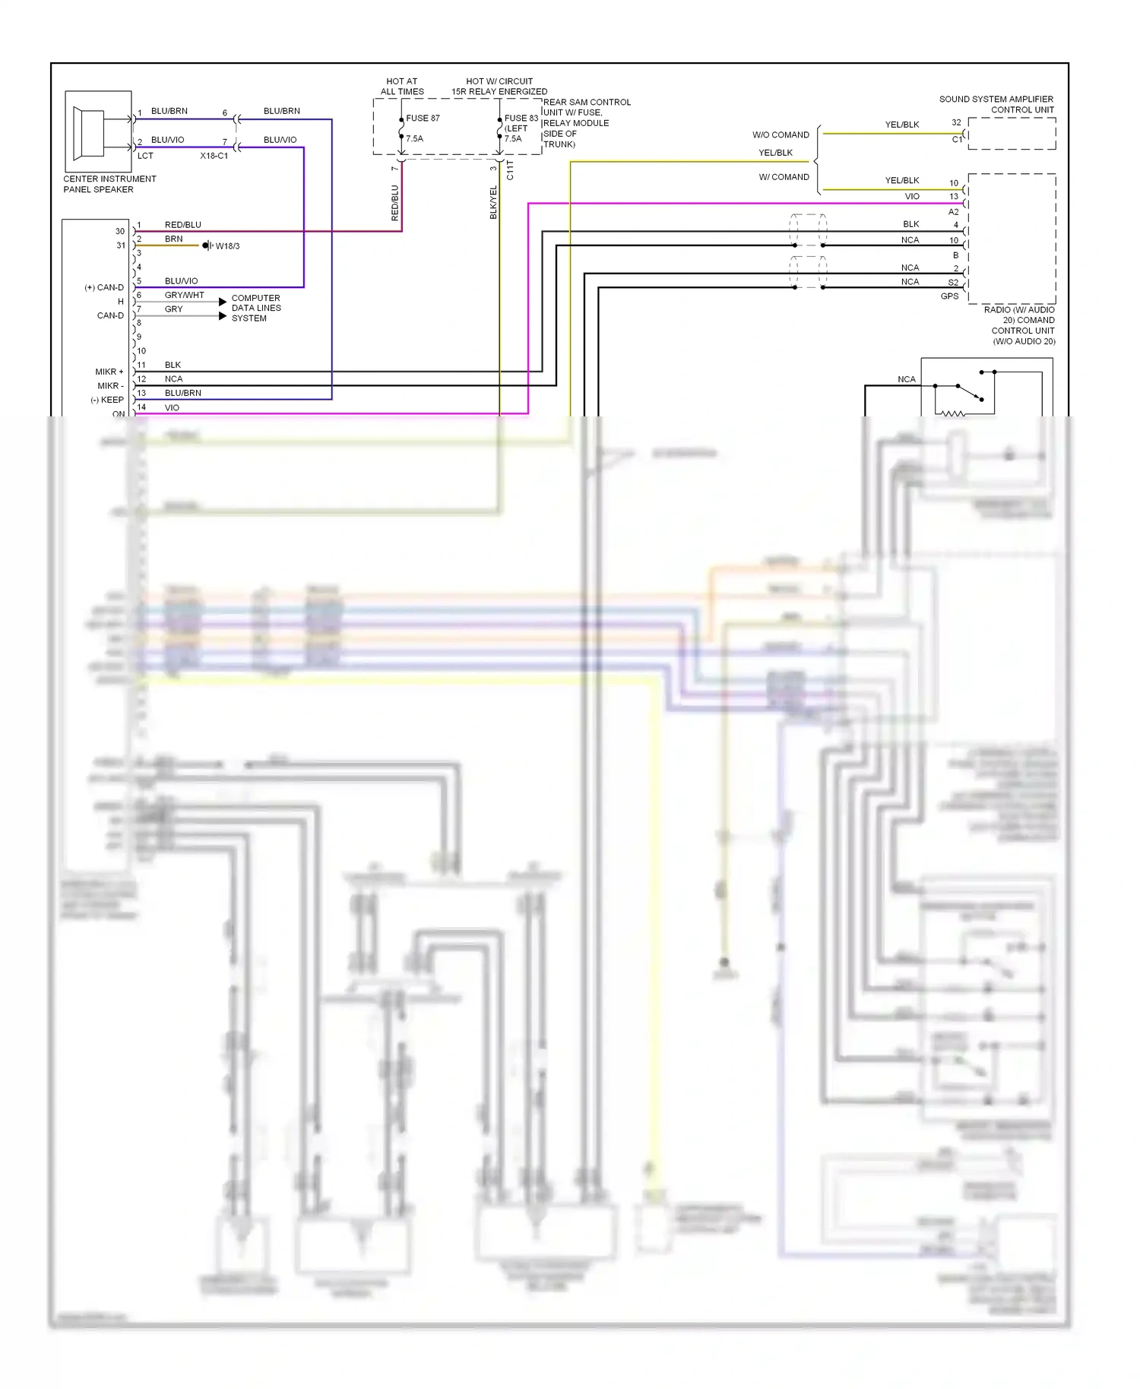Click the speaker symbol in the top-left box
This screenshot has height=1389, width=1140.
pyautogui.click(x=90, y=131)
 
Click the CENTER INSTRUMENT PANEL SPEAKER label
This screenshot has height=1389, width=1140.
pyautogui.click(x=109, y=184)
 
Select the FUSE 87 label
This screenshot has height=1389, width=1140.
pyautogui.click(x=423, y=118)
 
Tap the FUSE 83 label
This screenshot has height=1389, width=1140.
pyautogui.click(x=521, y=118)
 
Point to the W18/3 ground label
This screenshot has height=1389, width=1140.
pyautogui.click(x=227, y=246)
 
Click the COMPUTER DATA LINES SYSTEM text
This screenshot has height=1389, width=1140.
pyautogui.click(x=256, y=308)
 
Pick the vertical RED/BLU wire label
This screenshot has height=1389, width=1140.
pyautogui.click(x=394, y=203)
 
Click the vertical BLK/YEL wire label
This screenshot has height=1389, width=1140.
pyautogui.click(x=493, y=202)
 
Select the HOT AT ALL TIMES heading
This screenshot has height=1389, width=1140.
pyautogui.click(x=402, y=86)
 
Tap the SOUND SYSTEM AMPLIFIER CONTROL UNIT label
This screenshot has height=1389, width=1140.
pyautogui.click(x=996, y=104)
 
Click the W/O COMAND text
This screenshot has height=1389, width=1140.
pyautogui.click(x=781, y=134)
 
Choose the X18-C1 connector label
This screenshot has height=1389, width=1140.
pyautogui.click(x=214, y=156)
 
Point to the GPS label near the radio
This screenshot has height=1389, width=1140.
pyautogui.click(x=949, y=296)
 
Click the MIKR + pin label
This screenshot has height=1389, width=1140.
pyautogui.click(x=109, y=372)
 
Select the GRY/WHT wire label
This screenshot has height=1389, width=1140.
pyautogui.click(x=184, y=295)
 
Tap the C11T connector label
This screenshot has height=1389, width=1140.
pyautogui.click(x=510, y=169)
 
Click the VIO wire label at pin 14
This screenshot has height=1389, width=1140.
pyautogui.click(x=172, y=407)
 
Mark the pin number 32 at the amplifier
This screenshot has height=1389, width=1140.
pyautogui.click(x=956, y=122)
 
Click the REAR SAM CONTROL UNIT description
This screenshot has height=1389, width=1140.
pyautogui.click(x=586, y=122)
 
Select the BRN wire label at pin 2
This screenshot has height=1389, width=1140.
pyautogui.click(x=173, y=239)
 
